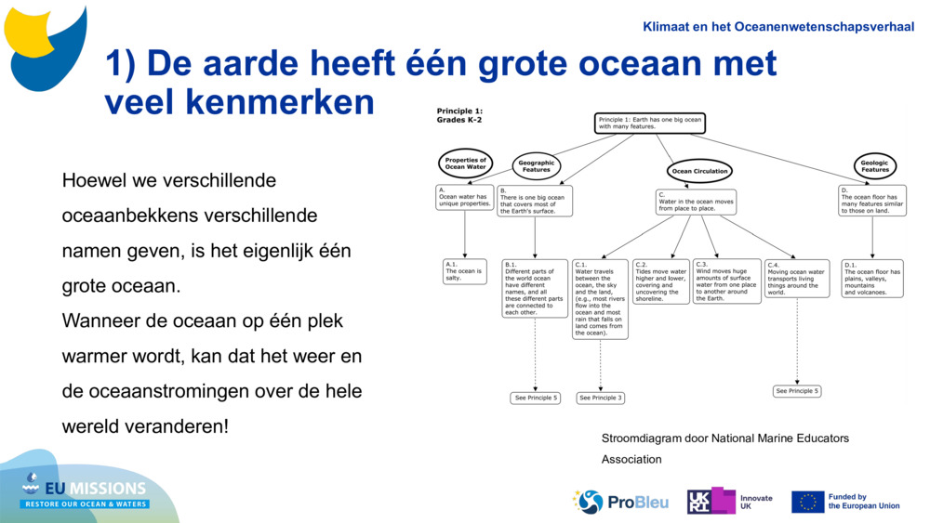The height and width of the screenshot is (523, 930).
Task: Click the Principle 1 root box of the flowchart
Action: (x=650, y=123)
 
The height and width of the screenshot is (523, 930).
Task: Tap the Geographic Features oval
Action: (x=537, y=166)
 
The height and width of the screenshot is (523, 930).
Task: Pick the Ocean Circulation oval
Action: (x=699, y=171)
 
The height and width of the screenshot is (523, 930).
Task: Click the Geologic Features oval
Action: (x=874, y=166)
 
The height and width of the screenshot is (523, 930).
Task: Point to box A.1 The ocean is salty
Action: (x=465, y=271)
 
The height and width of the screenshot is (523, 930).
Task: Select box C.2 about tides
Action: (x=661, y=281)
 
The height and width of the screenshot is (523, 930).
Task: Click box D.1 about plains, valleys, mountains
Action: (x=872, y=278)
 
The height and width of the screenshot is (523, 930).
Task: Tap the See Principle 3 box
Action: (x=600, y=398)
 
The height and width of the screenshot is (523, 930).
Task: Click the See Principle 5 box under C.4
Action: (x=798, y=391)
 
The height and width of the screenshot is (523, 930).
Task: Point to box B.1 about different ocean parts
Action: (x=535, y=288)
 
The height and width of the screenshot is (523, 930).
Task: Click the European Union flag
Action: (x=807, y=502)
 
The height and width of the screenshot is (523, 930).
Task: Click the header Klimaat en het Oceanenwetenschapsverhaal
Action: (x=777, y=26)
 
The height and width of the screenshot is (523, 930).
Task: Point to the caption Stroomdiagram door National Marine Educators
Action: (x=724, y=438)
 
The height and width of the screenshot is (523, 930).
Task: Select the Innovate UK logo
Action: (x=730, y=502)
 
